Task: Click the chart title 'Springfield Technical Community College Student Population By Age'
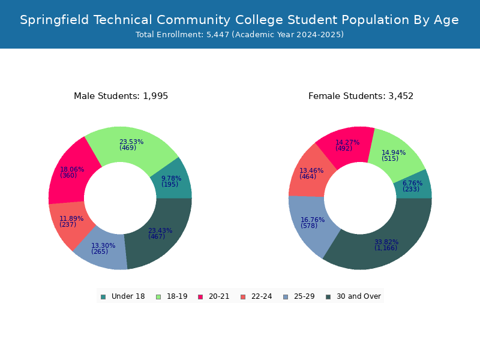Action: pos(239,20)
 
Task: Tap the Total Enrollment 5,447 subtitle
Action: pos(239,35)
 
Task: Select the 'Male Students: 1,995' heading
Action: pos(121,96)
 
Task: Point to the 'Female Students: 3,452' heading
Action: pos(361,96)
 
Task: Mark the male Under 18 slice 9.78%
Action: pos(171,181)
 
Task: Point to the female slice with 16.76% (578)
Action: pos(312,223)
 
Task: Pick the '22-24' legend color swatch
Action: pos(242,296)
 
